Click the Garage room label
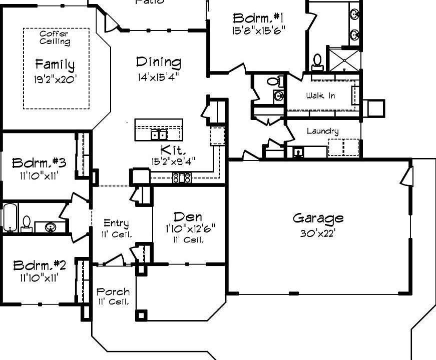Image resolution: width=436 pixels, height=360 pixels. pos(318,218)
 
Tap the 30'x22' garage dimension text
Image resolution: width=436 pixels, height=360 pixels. pos(318,233)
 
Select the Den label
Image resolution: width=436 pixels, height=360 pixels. pos(188,216)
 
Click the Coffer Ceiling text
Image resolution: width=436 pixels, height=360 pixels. pos(55,37)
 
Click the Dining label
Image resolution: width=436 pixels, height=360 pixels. pos(158,62)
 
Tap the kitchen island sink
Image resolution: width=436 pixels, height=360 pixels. pos(159,134)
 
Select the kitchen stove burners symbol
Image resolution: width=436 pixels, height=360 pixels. pos(181,177)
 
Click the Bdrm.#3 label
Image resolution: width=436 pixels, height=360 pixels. pos(40,163)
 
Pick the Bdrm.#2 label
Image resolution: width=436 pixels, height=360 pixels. pos(40,265)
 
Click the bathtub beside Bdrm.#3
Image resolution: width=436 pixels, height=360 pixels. pos(10,217)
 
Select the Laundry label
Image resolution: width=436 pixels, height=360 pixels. pos(322,131)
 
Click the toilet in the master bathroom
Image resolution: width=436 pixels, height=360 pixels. pos(317,62)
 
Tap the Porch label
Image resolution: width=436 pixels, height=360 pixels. pos(113,291)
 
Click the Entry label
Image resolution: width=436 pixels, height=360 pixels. pos(116,223)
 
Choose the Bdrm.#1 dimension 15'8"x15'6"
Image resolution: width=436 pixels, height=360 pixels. pos(259,30)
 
